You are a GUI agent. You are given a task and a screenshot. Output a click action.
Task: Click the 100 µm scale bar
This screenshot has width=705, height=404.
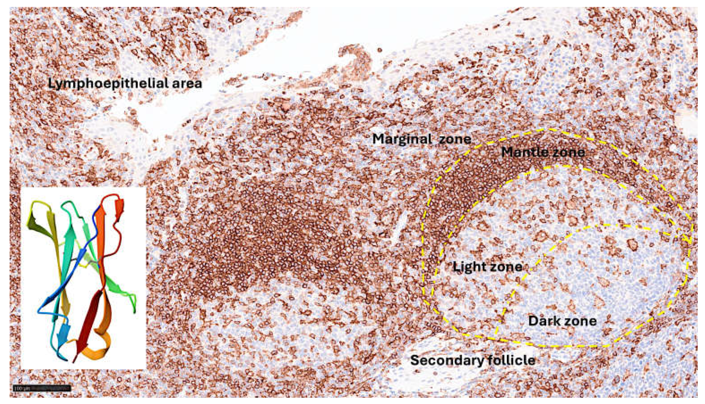point(42,388)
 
